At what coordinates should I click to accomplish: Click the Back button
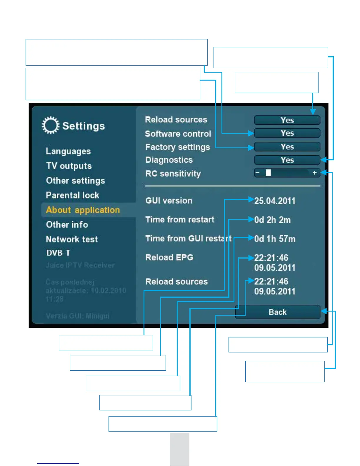pos(277,312)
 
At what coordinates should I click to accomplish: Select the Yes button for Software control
pos(287,133)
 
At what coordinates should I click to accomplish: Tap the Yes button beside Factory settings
pos(287,147)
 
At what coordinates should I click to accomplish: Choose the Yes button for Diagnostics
pos(287,160)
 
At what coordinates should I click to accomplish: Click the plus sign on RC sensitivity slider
pos(314,173)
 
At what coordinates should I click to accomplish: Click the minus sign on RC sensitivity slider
pos(258,173)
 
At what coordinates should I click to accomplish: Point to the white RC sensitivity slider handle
pos(268,173)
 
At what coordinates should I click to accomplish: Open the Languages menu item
pos(68,151)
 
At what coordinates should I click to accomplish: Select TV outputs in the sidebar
pos(69,166)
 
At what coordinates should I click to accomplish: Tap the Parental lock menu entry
pos(72,195)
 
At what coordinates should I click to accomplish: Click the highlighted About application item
pos(83,210)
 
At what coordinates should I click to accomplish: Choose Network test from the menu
pos(72,239)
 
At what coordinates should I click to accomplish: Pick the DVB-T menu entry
pos(58,253)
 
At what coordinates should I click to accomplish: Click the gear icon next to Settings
pos(50,126)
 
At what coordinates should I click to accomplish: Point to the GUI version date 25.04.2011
pos(275,201)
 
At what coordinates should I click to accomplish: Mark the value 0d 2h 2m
pos(272,220)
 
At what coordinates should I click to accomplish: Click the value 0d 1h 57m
pos(275,239)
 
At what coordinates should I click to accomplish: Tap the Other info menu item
pos(67,225)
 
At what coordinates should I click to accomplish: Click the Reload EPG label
pos(169,258)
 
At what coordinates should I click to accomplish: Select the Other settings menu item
pos(75,181)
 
